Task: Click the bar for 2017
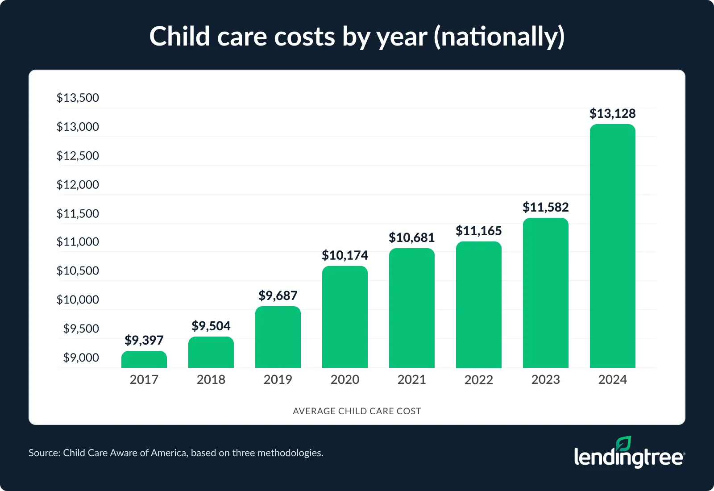tap(144, 360)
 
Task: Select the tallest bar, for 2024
tap(612, 246)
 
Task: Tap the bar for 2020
tap(345, 317)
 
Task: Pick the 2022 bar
tap(478, 305)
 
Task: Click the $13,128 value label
tap(612, 113)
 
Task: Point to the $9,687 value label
tap(278, 295)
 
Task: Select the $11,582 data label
tap(545, 207)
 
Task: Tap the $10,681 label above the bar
tap(411, 237)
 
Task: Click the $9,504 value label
tap(211, 326)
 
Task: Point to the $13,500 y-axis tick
tap(78, 98)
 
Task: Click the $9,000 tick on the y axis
tap(81, 358)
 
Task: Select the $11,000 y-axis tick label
tap(78, 242)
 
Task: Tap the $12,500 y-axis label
tap(78, 156)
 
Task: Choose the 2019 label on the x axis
tap(278, 379)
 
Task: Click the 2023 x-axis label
tap(545, 379)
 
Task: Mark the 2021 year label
tap(411, 379)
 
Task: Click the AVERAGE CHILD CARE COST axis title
tap(357, 411)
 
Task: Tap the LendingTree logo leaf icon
tap(623, 443)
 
